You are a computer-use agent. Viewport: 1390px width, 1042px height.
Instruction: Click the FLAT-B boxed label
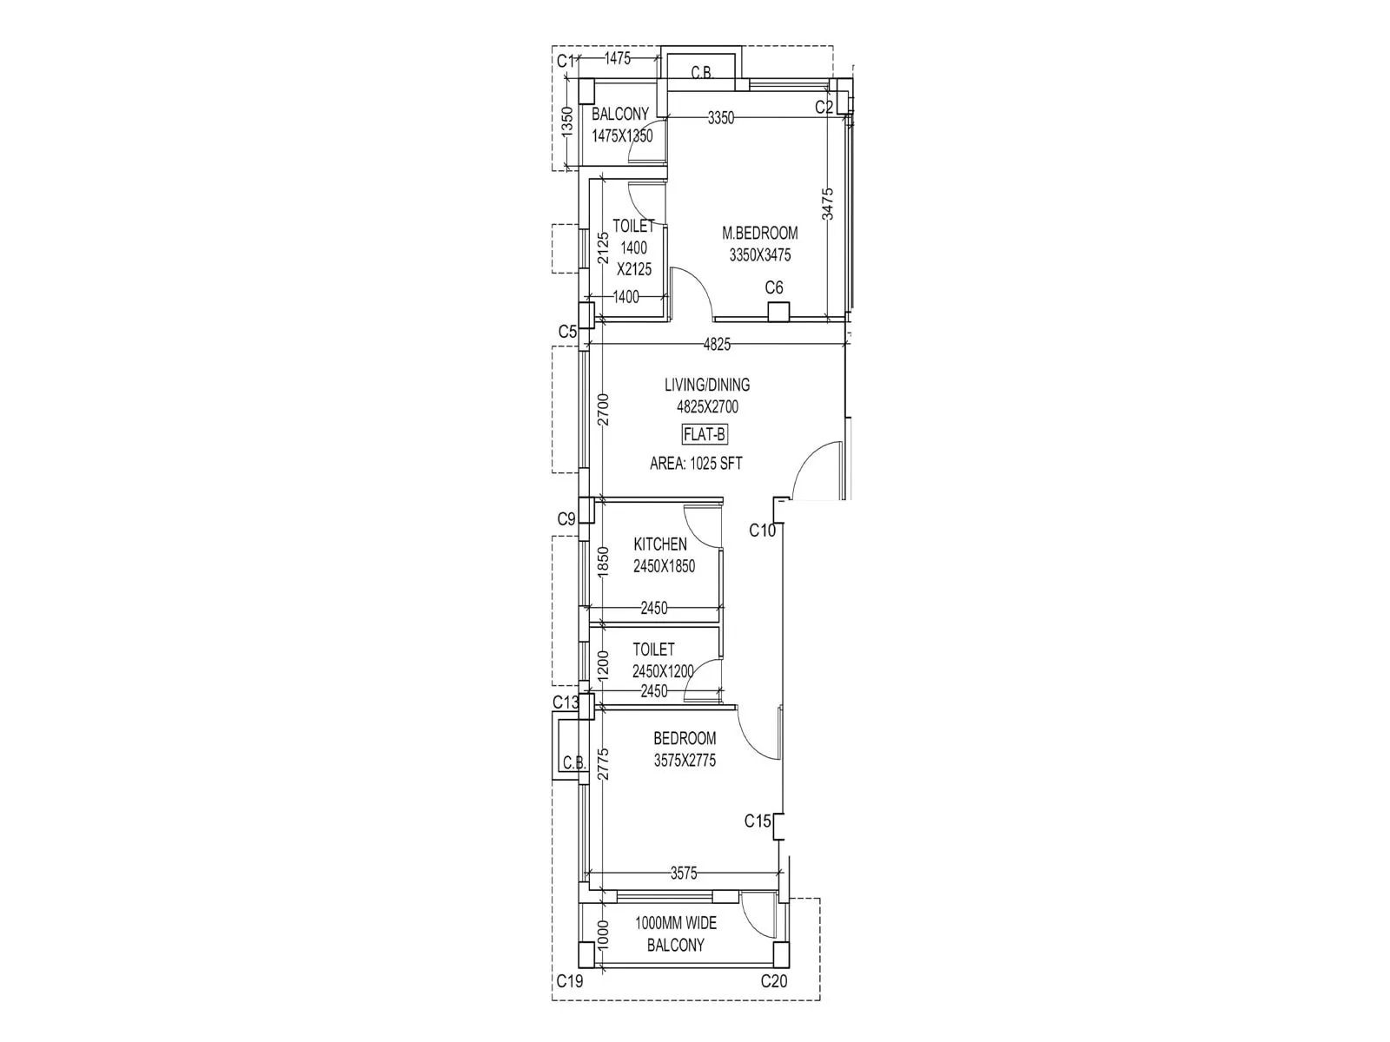[x=705, y=434]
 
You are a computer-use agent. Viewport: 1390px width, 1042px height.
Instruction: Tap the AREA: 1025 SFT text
[x=696, y=464]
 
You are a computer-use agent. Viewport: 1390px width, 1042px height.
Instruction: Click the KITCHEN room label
[x=660, y=544]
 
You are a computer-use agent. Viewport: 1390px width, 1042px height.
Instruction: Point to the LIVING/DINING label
[x=707, y=385]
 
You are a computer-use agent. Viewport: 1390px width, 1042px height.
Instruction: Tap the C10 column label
[x=762, y=531]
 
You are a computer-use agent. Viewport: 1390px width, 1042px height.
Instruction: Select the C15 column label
[x=758, y=821]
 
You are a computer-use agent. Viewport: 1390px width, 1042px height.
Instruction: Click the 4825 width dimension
[x=717, y=345]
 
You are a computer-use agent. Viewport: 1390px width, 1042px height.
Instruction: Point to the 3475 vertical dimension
[x=828, y=204]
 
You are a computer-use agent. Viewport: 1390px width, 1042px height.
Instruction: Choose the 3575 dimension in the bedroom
[x=684, y=874]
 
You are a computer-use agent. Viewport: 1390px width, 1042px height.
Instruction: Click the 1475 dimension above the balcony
[x=617, y=59]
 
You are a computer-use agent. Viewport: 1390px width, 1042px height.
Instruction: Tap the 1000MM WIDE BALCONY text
[x=676, y=934]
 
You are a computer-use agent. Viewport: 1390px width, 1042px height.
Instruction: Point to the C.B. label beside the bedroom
[x=573, y=763]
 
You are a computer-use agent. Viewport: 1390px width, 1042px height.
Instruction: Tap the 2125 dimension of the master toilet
[x=602, y=247]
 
